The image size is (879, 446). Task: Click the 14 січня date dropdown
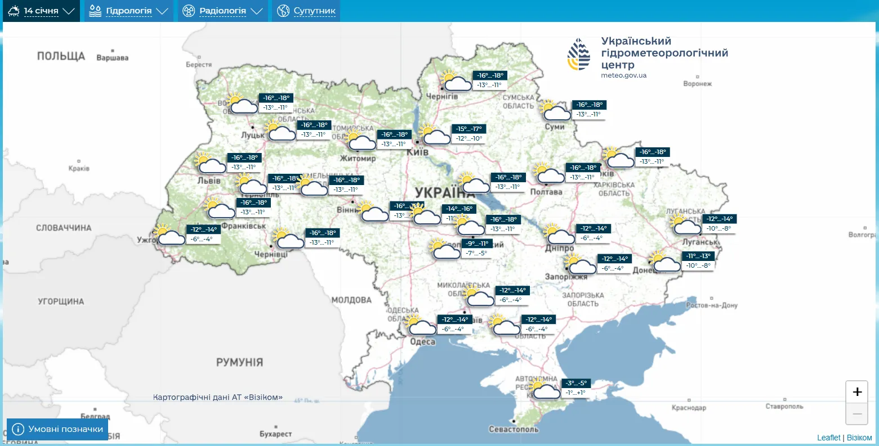tap(42, 11)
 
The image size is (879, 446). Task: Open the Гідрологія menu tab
tap(128, 11)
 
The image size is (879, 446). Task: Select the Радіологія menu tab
tap(222, 11)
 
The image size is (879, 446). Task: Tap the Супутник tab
tap(306, 11)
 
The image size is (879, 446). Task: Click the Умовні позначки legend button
tap(57, 429)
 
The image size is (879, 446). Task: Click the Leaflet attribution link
tap(828, 438)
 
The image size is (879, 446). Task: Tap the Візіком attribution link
tap(859, 438)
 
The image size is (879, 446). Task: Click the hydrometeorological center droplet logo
tap(579, 55)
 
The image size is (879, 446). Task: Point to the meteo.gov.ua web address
tap(623, 75)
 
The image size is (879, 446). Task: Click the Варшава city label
tap(112, 58)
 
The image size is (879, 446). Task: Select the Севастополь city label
tap(514, 429)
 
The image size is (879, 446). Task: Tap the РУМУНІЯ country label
tap(239, 362)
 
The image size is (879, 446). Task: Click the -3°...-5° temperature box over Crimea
tap(575, 383)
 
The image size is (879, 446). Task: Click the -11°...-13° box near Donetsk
tap(698, 256)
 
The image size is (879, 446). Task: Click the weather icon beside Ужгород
tap(171, 235)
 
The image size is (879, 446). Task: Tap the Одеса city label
tap(422, 341)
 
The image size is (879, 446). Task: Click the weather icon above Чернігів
tap(456, 81)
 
